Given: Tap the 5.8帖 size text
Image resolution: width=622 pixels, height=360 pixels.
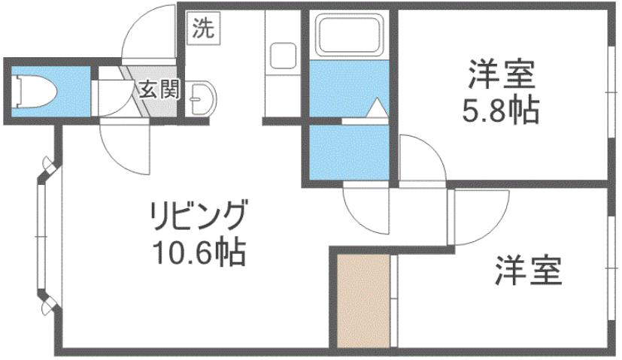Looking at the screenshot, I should tap(500, 113).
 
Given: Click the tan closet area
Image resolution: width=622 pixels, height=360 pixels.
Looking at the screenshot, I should tap(363, 300).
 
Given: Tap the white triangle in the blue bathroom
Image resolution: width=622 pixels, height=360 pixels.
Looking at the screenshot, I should tap(375, 108).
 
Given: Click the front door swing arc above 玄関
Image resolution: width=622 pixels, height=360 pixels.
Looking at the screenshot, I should tap(150, 34).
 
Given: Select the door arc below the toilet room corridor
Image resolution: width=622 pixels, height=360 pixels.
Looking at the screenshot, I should tap(124, 147).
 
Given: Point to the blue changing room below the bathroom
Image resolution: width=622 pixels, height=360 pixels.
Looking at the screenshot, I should tap(345, 151).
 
